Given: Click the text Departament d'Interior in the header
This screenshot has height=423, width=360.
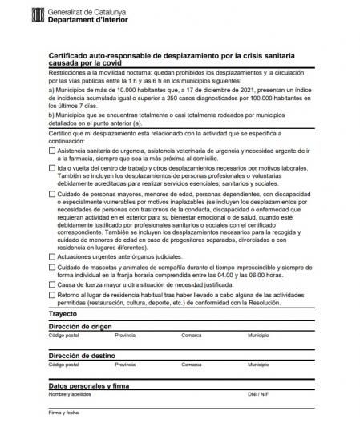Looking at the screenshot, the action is coord(98,19).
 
